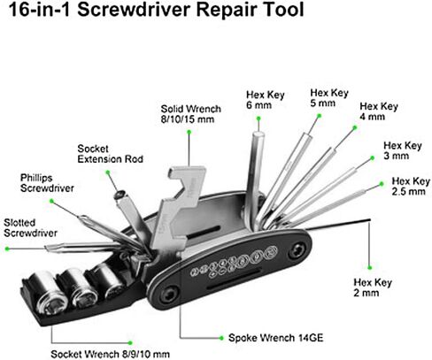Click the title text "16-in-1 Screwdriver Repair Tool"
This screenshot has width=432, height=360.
(x=157, y=10)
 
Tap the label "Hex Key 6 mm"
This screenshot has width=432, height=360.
(x=265, y=100)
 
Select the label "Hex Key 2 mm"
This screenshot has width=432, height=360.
(x=373, y=287)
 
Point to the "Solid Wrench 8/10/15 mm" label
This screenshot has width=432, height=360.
(x=190, y=114)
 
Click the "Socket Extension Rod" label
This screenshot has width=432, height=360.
(x=110, y=154)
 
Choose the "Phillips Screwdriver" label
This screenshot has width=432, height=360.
(x=47, y=183)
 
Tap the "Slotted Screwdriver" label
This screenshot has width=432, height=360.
(x=30, y=227)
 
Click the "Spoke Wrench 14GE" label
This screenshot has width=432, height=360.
(x=275, y=338)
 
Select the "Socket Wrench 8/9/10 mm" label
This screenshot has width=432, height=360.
(x=110, y=354)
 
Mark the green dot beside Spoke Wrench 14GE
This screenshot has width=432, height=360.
(x=221, y=338)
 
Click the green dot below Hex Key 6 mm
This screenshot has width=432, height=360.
(x=258, y=119)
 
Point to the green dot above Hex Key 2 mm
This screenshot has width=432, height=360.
(x=369, y=268)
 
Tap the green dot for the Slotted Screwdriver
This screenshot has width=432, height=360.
(x=7, y=249)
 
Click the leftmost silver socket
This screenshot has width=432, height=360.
(x=50, y=293)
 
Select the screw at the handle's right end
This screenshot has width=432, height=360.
(x=297, y=250)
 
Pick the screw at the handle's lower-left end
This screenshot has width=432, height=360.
(x=169, y=295)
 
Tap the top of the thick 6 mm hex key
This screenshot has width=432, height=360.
(x=258, y=134)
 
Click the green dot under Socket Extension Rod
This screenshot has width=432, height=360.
(x=108, y=172)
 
